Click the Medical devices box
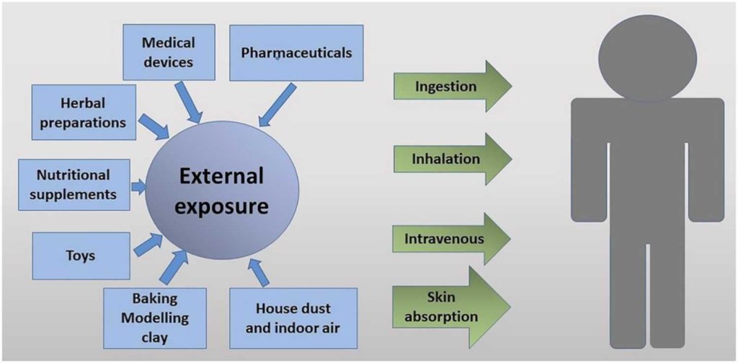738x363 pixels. coord(167,53)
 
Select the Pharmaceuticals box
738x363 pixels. coord(296,53)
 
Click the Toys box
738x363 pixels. coord(80,255)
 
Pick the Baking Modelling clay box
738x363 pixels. coord(155,318)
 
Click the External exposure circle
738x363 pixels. coord(222,191)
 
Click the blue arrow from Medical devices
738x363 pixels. coord(190,102)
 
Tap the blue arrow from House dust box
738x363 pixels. coord(257,271)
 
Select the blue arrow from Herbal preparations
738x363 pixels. coord(154,126)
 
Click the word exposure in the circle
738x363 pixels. coord(222,207)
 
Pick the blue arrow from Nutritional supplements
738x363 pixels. coord(139,187)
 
